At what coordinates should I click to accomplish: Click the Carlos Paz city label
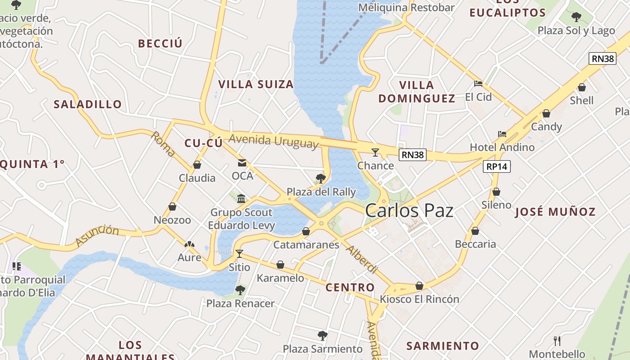(x=409, y=211)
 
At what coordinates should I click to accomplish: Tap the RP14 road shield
(x=497, y=166)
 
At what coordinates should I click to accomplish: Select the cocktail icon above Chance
(x=375, y=152)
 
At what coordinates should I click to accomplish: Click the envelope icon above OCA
(x=242, y=162)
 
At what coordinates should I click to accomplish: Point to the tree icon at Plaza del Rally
(x=321, y=179)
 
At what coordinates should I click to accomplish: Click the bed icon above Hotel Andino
(x=502, y=134)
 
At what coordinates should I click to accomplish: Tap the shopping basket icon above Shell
(x=582, y=87)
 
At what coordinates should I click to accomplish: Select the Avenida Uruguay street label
(x=273, y=141)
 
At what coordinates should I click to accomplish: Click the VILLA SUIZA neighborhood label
(x=256, y=84)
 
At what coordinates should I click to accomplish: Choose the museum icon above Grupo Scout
(x=241, y=198)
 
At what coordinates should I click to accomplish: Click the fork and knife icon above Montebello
(x=557, y=341)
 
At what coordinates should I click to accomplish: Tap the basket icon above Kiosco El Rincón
(x=419, y=286)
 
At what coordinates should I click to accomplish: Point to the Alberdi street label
(x=361, y=260)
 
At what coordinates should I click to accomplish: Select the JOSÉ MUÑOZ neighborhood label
(x=555, y=211)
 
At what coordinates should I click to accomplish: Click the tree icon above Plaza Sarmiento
(x=322, y=335)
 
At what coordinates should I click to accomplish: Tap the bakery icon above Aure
(x=189, y=244)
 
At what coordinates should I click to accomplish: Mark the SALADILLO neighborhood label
(x=88, y=104)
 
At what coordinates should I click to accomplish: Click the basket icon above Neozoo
(x=172, y=207)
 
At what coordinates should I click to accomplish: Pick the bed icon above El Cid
(x=478, y=84)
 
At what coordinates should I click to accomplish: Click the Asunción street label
(x=97, y=236)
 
